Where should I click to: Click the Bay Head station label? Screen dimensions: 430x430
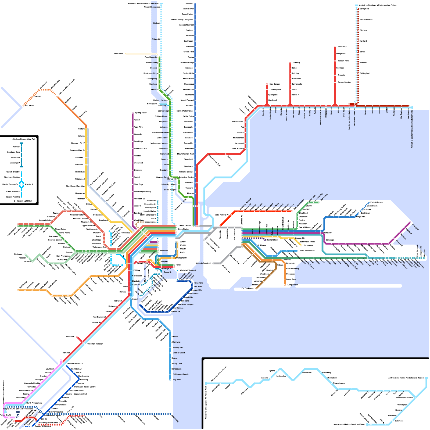coord(177,380)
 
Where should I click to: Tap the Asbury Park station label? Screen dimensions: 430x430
coord(178,347)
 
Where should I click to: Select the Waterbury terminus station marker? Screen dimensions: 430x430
coord(335,46)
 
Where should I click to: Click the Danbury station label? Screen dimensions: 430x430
coord(296,63)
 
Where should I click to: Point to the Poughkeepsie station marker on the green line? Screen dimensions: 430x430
coord(159,57)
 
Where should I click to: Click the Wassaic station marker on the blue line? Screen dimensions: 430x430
coord(195,3)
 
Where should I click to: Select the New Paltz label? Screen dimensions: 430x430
coord(119,54)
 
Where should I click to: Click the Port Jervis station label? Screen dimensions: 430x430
coord(29,106)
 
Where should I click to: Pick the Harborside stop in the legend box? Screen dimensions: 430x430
coord(15,157)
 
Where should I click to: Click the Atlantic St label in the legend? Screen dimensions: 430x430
coord(29,184)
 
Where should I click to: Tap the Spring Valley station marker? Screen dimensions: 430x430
coord(132,113)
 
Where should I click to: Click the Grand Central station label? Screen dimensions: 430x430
coord(185,225)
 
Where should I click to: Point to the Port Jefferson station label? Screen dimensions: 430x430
coord(376,202)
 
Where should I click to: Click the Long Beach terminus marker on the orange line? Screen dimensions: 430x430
coord(285,285)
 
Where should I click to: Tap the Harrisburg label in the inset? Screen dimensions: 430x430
coord(326,372)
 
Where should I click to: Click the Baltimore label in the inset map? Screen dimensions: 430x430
coord(399,421)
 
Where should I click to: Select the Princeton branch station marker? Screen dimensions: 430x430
coord(77,337)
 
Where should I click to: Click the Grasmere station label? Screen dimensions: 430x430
coord(198,283)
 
